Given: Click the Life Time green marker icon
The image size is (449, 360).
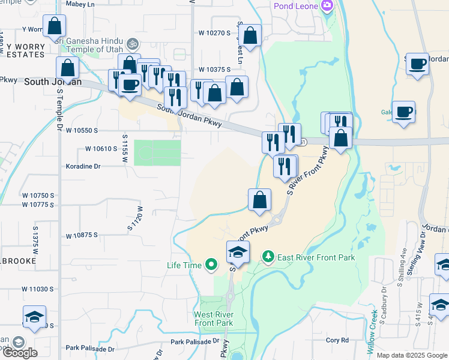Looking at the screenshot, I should pyautogui.click(x=211, y=264).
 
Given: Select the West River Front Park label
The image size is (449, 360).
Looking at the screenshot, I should pyautogui.click(x=214, y=319).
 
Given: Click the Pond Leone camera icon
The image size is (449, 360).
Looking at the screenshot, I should pyautogui.click(x=327, y=6).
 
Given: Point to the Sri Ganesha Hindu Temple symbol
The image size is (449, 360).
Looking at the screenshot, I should pyautogui.click(x=133, y=44).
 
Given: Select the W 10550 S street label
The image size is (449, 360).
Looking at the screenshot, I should pyautogui.click(x=82, y=130).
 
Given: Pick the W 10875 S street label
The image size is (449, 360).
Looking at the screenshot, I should pyautogui.click(x=82, y=235).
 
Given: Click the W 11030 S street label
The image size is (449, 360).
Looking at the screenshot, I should pyautogui.click(x=38, y=289).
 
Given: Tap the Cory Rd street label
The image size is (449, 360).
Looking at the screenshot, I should pyautogui.click(x=337, y=340).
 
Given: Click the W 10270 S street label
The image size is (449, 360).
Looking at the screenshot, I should pyautogui.click(x=214, y=33).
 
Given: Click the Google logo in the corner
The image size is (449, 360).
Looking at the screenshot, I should pyautogui.click(x=20, y=352).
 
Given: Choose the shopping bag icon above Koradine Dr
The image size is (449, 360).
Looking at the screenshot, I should pyautogui.click(x=68, y=68).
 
